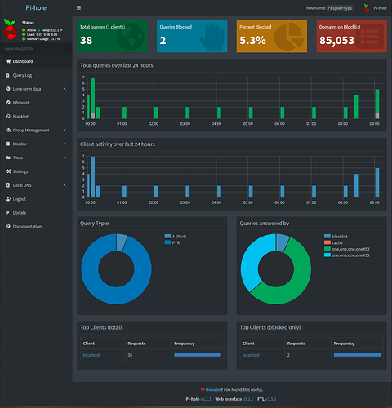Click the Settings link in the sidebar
pos(21,171)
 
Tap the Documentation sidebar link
pos(27,226)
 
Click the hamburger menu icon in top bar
pos(78,7)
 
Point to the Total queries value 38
pos(87,39)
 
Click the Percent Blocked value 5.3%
pos(251,39)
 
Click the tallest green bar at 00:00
pos(92,98)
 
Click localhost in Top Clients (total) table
pos(90,355)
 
